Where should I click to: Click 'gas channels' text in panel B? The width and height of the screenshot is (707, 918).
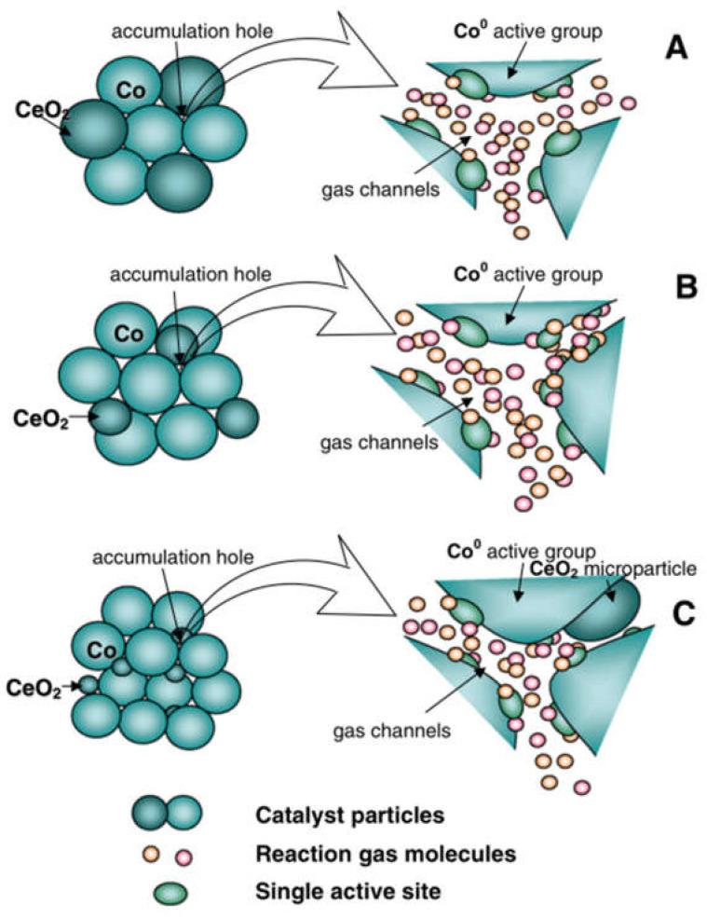[392, 442]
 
